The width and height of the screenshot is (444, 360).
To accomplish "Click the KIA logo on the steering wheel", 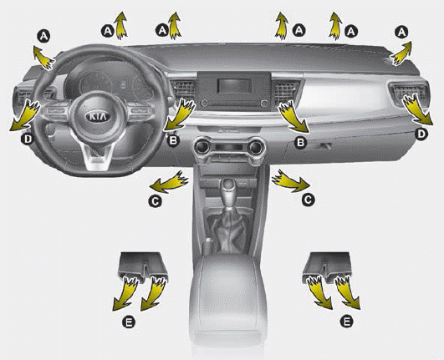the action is click(x=97, y=116).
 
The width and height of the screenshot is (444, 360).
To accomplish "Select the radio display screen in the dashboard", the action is click(x=234, y=86).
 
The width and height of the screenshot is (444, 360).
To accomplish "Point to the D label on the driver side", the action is click(x=28, y=139).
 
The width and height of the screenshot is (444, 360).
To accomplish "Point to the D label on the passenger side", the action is click(x=421, y=134).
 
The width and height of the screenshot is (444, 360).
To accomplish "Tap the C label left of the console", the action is click(x=155, y=201).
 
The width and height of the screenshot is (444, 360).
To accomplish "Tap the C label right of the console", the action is click(x=308, y=200).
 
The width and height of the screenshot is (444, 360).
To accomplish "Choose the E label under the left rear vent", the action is click(x=129, y=322).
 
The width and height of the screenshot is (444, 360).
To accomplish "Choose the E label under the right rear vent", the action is click(x=347, y=321).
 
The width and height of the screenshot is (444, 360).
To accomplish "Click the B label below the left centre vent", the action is click(x=173, y=140).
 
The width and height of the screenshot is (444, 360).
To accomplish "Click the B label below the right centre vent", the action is click(x=300, y=142).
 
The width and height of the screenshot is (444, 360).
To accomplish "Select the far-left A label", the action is click(x=43, y=36).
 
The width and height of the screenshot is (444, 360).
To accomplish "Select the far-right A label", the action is click(x=401, y=33).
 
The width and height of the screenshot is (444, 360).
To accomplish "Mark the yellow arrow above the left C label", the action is click(x=169, y=182).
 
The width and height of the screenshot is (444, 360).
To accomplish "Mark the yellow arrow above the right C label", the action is click(x=290, y=181).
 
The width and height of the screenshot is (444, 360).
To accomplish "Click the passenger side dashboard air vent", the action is click(x=409, y=93).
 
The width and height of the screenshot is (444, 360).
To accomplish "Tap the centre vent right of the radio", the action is click(x=285, y=89).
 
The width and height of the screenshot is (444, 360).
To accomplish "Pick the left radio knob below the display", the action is click(x=204, y=103).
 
